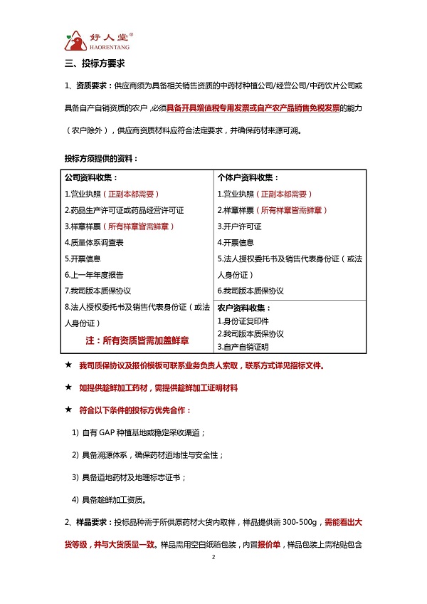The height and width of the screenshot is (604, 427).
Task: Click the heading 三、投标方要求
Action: [95, 65]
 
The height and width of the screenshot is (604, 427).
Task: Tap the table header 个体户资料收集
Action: [248, 177]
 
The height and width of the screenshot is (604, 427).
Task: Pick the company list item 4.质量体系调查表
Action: [94, 242]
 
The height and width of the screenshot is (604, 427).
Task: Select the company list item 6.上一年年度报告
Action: [94, 274]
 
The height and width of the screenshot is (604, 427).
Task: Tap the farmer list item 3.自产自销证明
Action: [243, 346]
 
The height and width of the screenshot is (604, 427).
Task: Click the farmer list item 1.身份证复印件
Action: [243, 321]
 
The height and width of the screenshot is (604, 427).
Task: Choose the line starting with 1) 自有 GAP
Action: [139, 432]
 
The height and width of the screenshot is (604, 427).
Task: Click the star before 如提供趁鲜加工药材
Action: [68, 388]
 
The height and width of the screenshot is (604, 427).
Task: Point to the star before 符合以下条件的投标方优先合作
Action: [68, 410]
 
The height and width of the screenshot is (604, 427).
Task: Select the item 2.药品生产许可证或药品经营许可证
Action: [124, 210]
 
